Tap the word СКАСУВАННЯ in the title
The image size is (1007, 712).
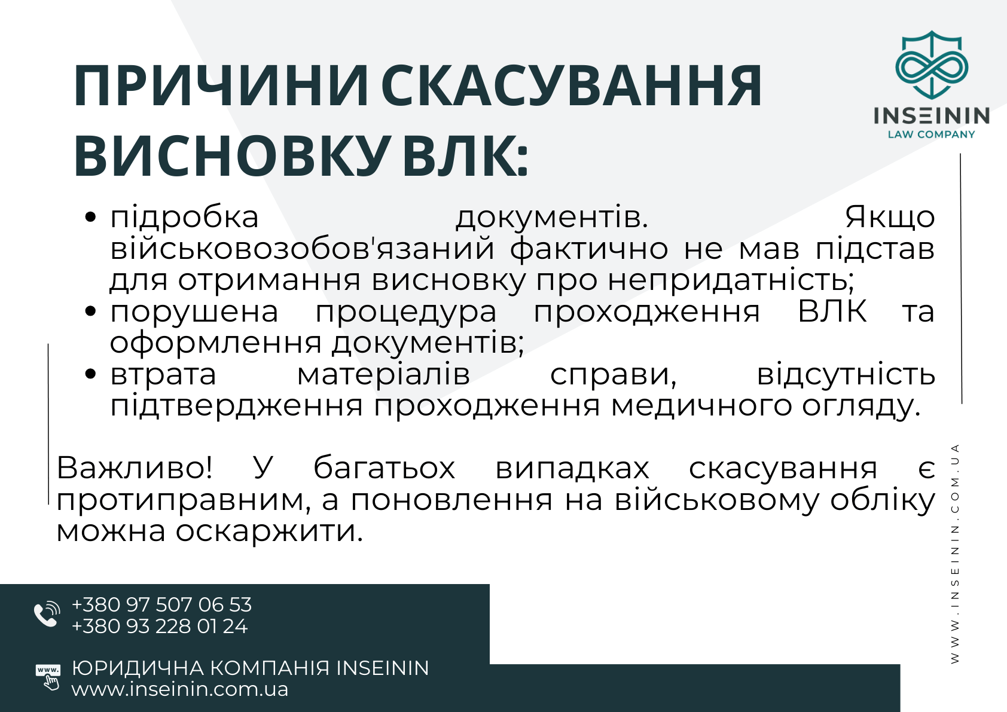[572, 86]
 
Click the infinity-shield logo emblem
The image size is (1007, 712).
[932, 65]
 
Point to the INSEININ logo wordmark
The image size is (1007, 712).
[932, 116]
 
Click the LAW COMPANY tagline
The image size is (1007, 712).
[932, 135]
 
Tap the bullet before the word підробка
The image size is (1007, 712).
[90, 217]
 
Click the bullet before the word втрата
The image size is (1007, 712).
[90, 374]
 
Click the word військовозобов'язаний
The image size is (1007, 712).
[302, 249]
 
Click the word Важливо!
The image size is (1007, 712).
[135, 467]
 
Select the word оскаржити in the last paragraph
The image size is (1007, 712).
[269, 531]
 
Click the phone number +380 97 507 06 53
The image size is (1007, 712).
[162, 604]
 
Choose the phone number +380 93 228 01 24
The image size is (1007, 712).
[160, 626]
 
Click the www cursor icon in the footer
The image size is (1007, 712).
[48, 677]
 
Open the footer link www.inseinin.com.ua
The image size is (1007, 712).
[180, 689]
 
